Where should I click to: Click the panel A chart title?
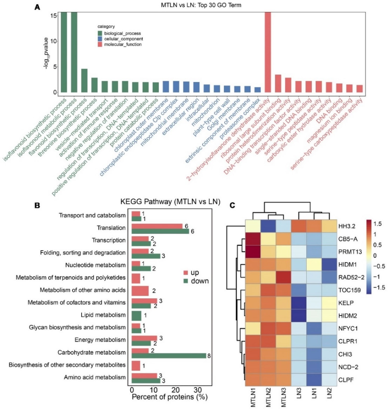click(201, 5)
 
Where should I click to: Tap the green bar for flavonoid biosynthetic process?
click(84, 81)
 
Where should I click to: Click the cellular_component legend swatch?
click(100, 39)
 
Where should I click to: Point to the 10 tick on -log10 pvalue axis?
click(54, 41)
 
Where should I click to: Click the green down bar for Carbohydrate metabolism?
click(169, 356)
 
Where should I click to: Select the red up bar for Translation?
click(157, 226)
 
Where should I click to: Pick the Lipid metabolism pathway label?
click(103, 315)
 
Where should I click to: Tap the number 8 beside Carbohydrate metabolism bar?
click(209, 356)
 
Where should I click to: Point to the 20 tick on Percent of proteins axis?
click(176, 390)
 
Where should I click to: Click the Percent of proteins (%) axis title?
click(169, 397)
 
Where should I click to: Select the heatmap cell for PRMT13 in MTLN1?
click(253, 252)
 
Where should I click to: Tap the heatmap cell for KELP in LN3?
click(299, 303)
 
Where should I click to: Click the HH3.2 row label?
click(347, 226)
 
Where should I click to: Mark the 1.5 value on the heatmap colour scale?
click(377, 224)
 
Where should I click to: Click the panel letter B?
click(37, 205)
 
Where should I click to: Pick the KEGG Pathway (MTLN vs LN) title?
click(170, 202)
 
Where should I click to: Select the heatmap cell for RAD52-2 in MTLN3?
click(283, 277)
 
